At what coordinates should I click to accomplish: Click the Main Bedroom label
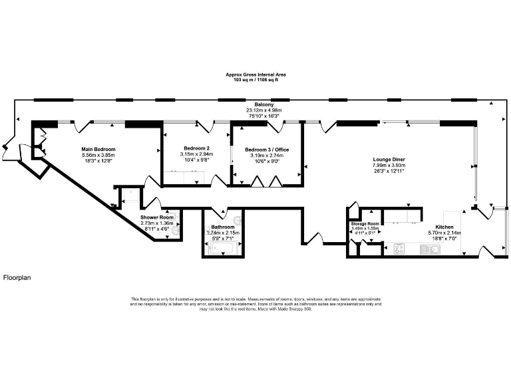[x=98, y=149]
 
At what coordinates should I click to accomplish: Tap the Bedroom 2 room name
[x=196, y=148]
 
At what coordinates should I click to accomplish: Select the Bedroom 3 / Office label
[x=265, y=150]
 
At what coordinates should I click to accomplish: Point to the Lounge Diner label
[x=389, y=160]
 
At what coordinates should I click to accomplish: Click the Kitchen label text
[x=444, y=227]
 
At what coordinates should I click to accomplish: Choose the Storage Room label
[x=365, y=223]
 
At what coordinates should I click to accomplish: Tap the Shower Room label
[x=157, y=217]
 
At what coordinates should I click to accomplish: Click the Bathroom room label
[x=223, y=227]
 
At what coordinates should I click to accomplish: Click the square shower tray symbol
[x=129, y=195]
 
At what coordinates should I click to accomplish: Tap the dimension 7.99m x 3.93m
[x=389, y=166]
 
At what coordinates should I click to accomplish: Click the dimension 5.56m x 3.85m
[x=98, y=155]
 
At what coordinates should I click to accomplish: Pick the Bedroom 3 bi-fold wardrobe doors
[x=265, y=180]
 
